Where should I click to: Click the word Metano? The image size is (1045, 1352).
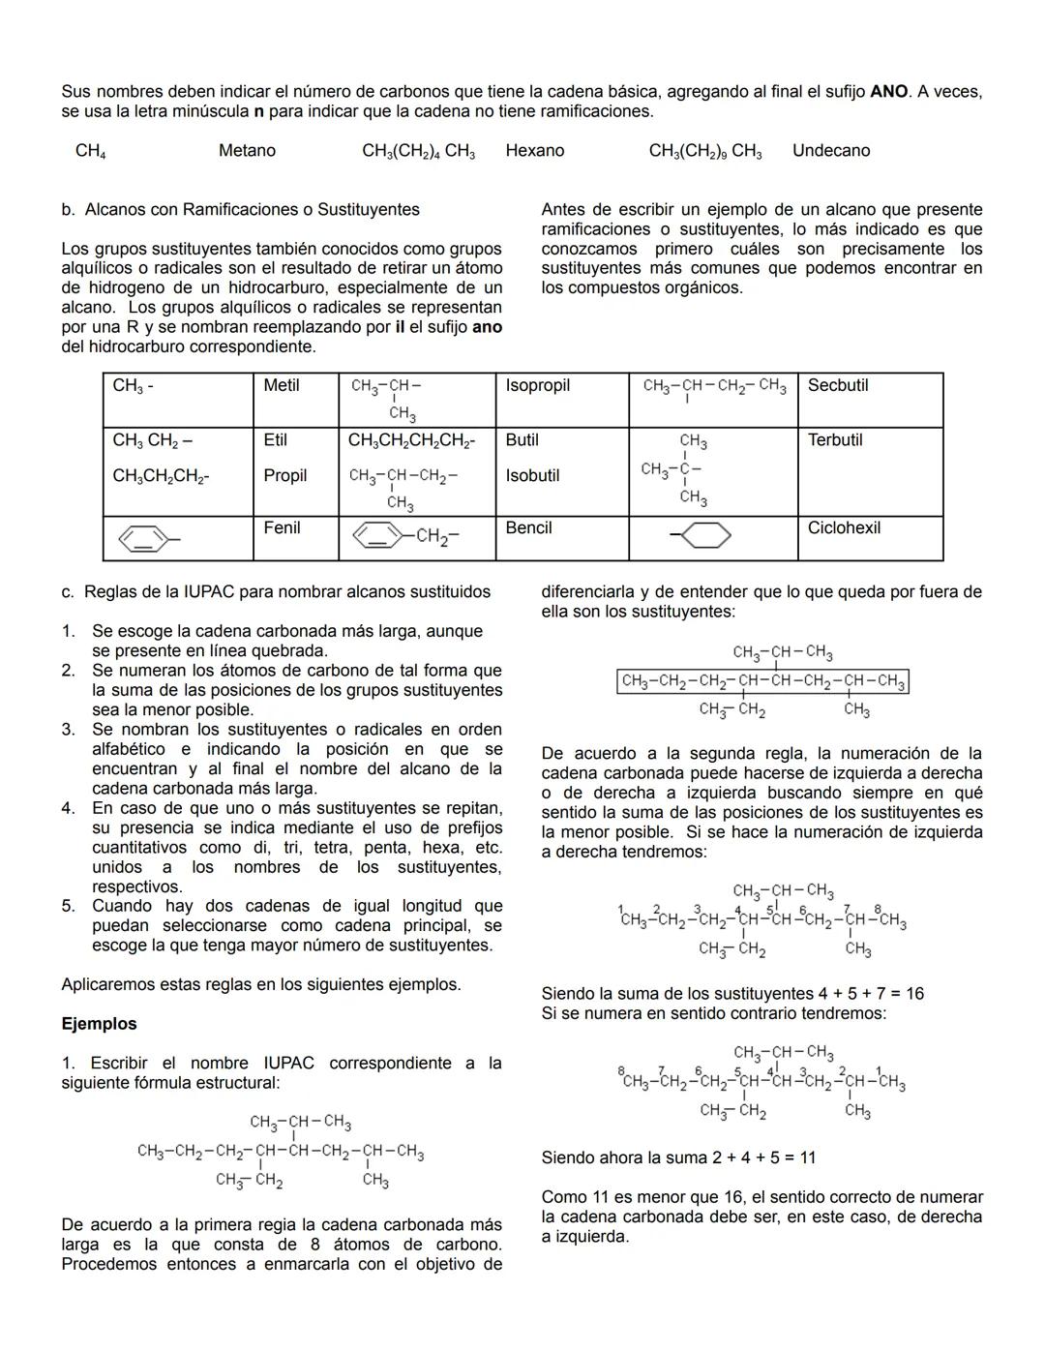247,151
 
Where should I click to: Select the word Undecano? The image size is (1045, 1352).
831,151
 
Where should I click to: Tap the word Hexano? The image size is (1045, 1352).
534,151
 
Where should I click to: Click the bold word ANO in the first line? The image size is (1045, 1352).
888,92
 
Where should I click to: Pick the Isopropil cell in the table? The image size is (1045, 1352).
537,385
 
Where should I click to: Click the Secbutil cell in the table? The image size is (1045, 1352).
838,385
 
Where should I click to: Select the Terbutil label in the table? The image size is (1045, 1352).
835,439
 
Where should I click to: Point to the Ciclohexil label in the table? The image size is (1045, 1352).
844,527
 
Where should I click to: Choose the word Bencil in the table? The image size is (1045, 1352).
528,527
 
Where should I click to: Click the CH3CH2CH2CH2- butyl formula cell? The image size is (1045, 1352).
411,440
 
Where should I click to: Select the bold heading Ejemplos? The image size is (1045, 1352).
99,1024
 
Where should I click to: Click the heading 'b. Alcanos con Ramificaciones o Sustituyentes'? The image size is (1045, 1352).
240,209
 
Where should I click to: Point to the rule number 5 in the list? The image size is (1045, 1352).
68,906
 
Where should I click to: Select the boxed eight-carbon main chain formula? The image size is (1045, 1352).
762,682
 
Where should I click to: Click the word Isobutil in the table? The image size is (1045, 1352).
532,475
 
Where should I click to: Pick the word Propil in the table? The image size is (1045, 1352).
284,475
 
